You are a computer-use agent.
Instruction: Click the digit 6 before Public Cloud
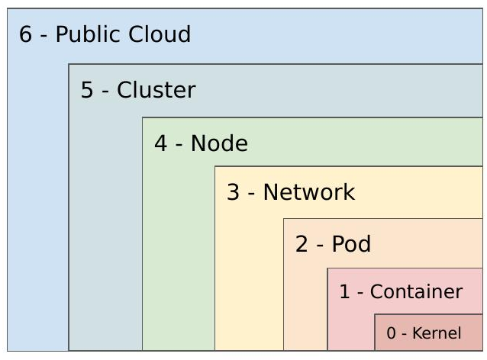tap(25, 35)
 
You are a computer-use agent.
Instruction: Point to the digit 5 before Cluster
tap(87, 90)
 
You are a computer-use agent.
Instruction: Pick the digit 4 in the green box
tap(160, 143)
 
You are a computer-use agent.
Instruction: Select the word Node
tap(219, 143)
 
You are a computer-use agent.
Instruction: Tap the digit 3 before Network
tap(233, 192)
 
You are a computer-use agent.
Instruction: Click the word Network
tap(309, 192)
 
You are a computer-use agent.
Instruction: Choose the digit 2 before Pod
tap(302, 244)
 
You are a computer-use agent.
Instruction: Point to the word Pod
tap(351, 244)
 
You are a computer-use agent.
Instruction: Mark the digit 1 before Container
tap(344, 292)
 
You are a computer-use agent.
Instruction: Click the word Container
tap(416, 292)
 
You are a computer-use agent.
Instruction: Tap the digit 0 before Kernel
tap(391, 333)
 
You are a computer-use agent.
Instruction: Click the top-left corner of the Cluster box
tap(69, 65)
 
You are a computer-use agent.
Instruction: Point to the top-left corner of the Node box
tap(143, 117)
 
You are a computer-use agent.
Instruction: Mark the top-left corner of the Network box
tap(215, 166)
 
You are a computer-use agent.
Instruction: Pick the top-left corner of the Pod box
tap(284, 219)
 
